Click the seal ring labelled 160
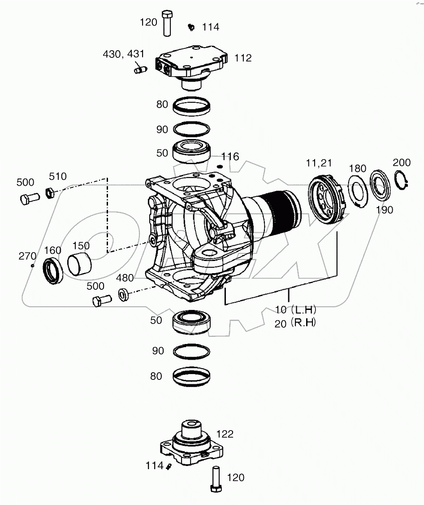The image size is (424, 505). click(x=52, y=271)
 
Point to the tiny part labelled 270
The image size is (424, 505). click(x=33, y=266)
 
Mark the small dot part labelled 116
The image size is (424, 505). click(x=219, y=167)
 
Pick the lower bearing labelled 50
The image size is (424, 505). click(x=191, y=321)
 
